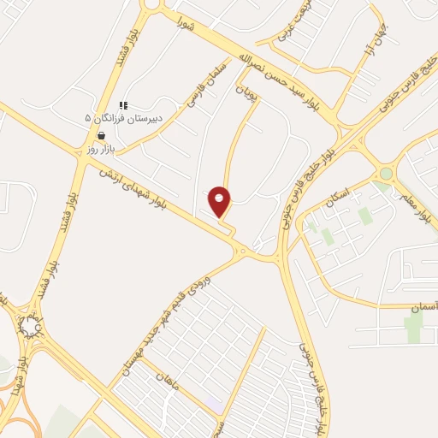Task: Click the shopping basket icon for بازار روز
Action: (x=102, y=136)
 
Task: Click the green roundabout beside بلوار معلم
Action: (x=386, y=174)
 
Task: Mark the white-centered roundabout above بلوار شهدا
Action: (x=32, y=326)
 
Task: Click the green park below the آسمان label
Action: (x=415, y=326)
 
